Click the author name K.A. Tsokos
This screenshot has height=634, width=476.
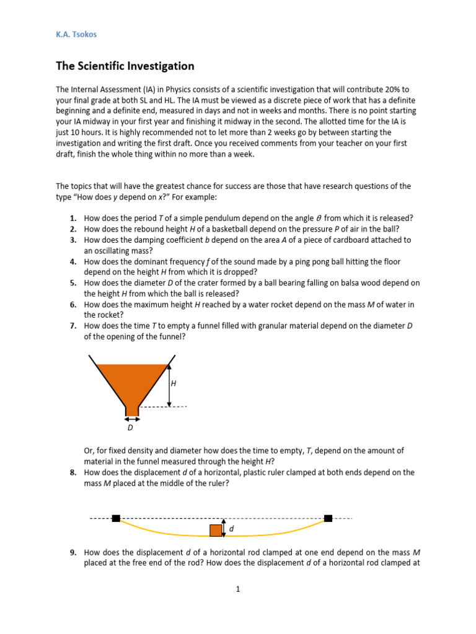76,35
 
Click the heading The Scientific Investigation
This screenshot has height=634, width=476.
125,66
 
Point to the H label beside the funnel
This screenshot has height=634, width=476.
174,384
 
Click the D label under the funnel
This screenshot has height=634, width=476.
130,428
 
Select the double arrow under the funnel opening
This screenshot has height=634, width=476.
132,419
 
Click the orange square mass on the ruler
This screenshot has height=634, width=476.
216,530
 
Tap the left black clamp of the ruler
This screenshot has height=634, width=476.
116,518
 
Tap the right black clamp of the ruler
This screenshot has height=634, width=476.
328,518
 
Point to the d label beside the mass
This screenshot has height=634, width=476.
232,529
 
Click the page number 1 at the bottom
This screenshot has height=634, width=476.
237,589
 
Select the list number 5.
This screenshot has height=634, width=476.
73,283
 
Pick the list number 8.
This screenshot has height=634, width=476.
73,472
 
